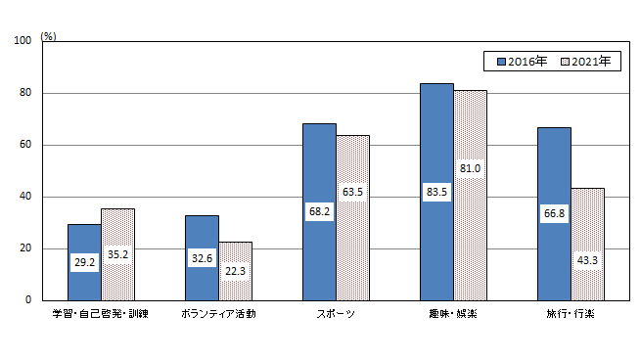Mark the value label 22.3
236,270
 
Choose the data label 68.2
319,211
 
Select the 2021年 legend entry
584,61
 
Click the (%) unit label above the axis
49,36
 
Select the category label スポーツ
336,314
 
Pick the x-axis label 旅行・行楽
571,314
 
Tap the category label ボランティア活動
218,314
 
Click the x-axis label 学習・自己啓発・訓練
101,314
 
